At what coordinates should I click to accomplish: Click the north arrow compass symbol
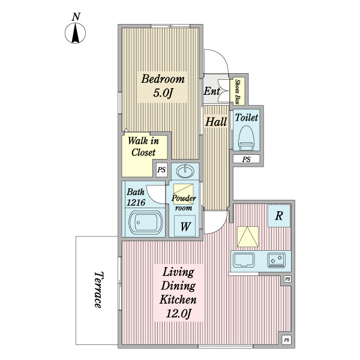(76, 33)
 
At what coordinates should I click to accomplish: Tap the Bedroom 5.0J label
(163, 86)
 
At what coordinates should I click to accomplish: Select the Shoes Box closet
(238, 91)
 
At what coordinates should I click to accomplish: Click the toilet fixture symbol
(247, 138)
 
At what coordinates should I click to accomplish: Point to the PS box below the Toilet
(247, 159)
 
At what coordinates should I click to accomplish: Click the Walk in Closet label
(143, 146)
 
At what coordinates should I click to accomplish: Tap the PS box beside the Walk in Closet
(161, 170)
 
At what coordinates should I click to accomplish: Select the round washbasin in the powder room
(185, 171)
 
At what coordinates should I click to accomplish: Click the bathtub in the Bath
(146, 222)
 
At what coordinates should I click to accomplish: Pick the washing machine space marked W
(185, 226)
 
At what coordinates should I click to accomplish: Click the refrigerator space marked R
(279, 215)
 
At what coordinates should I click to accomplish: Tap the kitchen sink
(244, 260)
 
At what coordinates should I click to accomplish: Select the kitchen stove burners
(277, 260)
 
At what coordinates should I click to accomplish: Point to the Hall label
(216, 122)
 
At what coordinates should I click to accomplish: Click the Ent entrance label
(212, 91)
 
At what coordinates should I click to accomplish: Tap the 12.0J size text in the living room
(178, 314)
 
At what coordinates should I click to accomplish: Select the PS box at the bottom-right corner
(287, 340)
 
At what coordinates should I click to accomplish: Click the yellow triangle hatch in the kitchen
(247, 237)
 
